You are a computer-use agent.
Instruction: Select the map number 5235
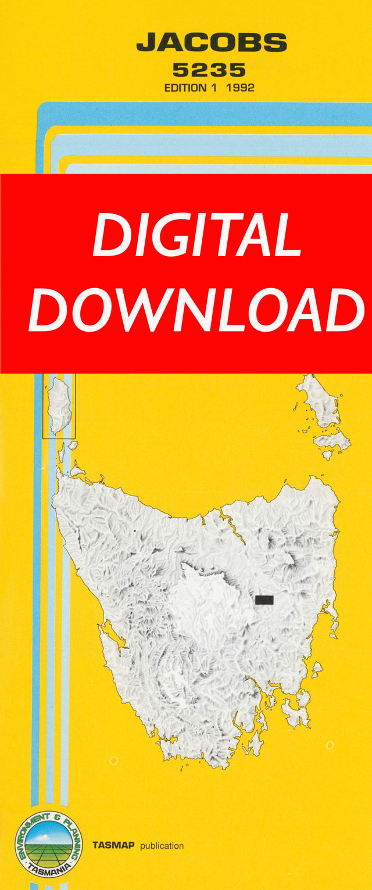[x=209, y=71]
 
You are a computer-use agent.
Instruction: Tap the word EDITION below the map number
[x=185, y=88]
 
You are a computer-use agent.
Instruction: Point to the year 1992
[x=241, y=88]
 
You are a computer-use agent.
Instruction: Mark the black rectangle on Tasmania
[x=264, y=600]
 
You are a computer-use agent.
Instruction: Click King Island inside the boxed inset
[x=59, y=404]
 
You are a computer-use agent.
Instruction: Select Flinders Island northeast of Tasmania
[x=319, y=400]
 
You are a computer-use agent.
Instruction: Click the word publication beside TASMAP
[x=162, y=846]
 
